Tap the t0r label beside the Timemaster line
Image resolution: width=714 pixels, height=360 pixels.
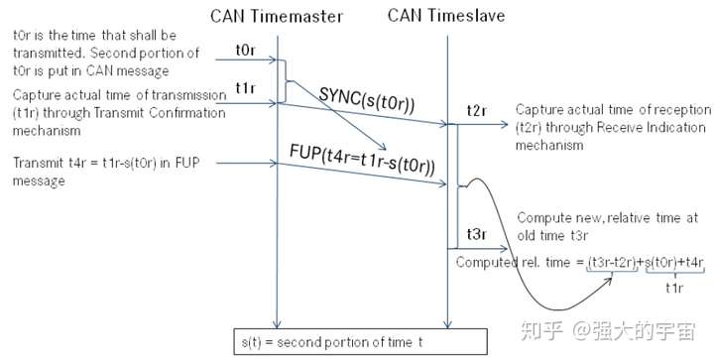247,49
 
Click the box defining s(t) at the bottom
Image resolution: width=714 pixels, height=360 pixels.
360,340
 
